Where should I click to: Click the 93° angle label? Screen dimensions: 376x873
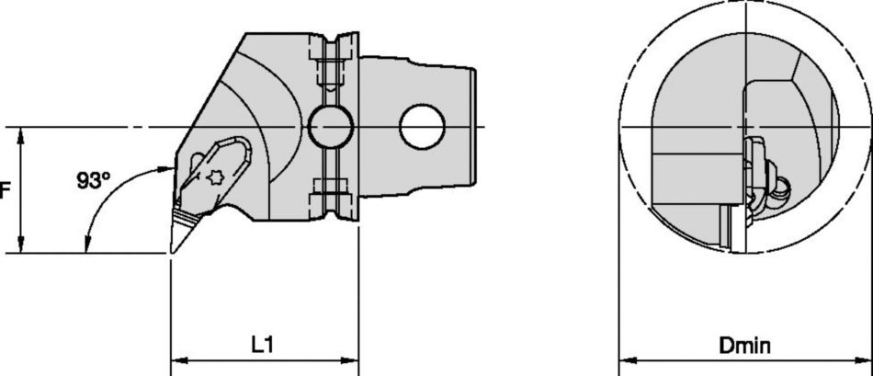94,181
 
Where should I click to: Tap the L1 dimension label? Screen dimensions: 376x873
264,346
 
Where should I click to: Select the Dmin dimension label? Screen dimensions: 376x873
745,346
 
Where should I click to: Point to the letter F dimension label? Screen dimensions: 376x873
5,190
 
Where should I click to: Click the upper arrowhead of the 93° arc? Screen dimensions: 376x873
164,168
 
